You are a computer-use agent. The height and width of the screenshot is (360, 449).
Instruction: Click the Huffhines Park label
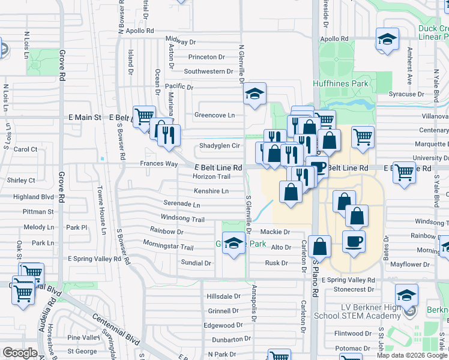340,83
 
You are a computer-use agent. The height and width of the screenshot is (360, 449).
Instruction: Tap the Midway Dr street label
180,42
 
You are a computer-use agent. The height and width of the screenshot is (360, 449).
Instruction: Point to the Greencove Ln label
214,115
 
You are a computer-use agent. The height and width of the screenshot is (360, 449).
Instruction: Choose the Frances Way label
158,163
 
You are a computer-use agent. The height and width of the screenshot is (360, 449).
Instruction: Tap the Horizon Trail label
211,176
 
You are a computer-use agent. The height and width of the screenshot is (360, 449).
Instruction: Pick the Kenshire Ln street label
211,191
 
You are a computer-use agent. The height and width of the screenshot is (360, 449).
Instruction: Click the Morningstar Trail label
168,247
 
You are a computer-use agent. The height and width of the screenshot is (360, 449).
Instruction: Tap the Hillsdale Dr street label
223,296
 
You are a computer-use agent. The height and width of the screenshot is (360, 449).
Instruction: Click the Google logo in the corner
20,353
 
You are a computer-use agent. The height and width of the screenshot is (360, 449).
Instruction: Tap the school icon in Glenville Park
233,243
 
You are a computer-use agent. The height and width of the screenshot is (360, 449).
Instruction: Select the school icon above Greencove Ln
255,94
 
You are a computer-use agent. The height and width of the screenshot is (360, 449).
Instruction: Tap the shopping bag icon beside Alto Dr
321,247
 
